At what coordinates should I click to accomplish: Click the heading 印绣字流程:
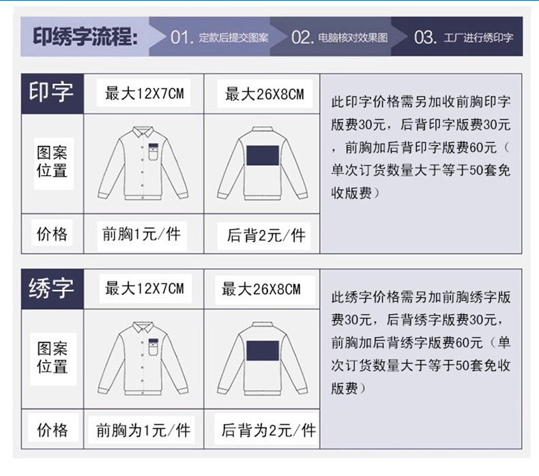(x=85, y=37)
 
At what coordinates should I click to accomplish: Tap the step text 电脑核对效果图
(x=353, y=38)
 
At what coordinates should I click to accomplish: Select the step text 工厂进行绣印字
(x=478, y=38)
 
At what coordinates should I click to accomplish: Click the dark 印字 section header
(x=52, y=93)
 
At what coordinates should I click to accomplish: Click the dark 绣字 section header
(x=52, y=288)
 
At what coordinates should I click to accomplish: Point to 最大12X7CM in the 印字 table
(x=145, y=93)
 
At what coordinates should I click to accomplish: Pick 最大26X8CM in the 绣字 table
(x=261, y=289)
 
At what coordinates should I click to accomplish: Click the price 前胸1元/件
(x=142, y=235)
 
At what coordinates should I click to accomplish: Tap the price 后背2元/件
(x=266, y=235)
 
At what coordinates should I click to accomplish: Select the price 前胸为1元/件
(x=143, y=430)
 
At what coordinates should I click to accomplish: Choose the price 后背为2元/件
(x=268, y=430)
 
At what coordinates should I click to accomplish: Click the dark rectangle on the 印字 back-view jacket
(x=263, y=155)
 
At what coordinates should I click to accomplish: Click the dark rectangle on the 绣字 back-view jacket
(x=263, y=351)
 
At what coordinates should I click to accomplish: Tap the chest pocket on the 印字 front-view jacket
(x=154, y=152)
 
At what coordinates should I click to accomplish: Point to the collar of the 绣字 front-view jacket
(x=143, y=327)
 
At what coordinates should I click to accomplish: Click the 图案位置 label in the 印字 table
(x=52, y=162)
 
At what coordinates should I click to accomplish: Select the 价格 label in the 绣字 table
(x=53, y=430)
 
